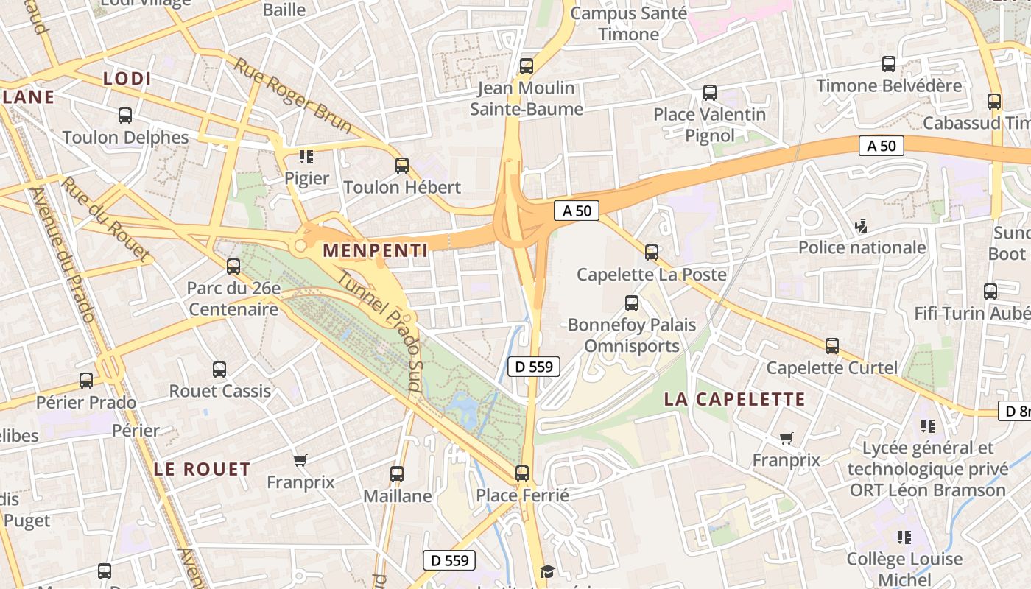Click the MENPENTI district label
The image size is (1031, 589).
pyautogui.click(x=375, y=250)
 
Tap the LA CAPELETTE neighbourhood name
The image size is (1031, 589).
pyautogui.click(x=734, y=399)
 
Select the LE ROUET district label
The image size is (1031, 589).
pyautogui.click(x=202, y=469)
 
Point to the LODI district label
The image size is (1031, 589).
pyautogui.click(x=127, y=79)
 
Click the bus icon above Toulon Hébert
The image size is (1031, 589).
pyautogui.click(x=401, y=165)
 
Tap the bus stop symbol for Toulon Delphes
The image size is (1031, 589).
pyautogui.click(x=125, y=116)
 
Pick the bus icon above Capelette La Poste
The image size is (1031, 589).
pyautogui.click(x=652, y=253)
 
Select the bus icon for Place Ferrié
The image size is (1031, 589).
pyautogui.click(x=522, y=473)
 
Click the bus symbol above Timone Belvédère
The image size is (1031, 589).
pyautogui.click(x=889, y=64)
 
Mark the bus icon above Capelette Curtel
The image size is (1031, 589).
pyautogui.click(x=832, y=345)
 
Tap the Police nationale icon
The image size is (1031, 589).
pyautogui.click(x=861, y=225)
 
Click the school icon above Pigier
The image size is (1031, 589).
pyautogui.click(x=306, y=156)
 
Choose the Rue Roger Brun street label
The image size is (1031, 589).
pyautogui.click(x=293, y=95)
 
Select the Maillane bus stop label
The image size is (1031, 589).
pyautogui.click(x=398, y=495)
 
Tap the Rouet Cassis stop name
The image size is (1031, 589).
pyautogui.click(x=220, y=391)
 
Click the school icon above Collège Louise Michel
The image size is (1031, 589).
pyautogui.click(x=904, y=537)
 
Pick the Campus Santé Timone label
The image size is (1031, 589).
pyautogui.click(x=629, y=24)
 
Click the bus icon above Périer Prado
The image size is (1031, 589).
pyautogui.click(x=86, y=381)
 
